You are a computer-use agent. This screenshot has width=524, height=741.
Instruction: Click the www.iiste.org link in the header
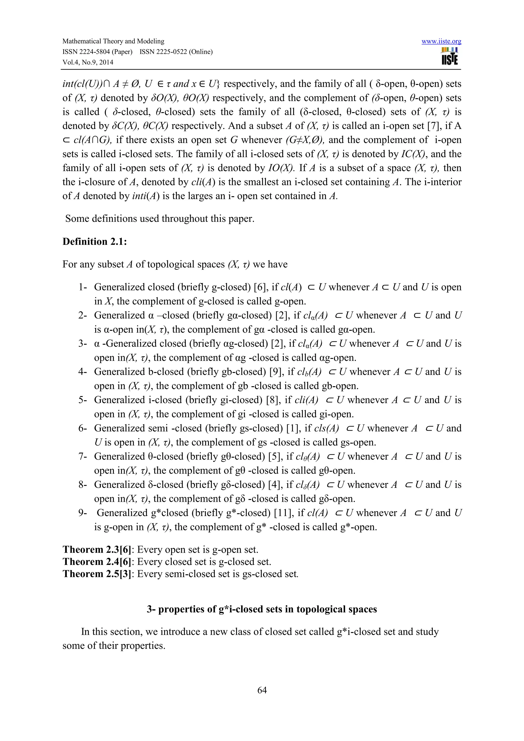441,41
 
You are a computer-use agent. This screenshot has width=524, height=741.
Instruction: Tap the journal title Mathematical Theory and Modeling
113,41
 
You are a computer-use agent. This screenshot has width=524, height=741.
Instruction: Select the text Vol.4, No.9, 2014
88,62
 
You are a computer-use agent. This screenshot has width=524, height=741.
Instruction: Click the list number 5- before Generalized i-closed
83,400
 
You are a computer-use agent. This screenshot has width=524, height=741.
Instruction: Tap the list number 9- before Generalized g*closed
83,513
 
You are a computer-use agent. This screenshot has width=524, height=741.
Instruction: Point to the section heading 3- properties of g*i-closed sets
262,609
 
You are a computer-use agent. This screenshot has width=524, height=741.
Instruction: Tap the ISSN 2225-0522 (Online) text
176,52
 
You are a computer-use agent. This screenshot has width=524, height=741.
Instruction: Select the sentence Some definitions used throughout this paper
160,219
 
